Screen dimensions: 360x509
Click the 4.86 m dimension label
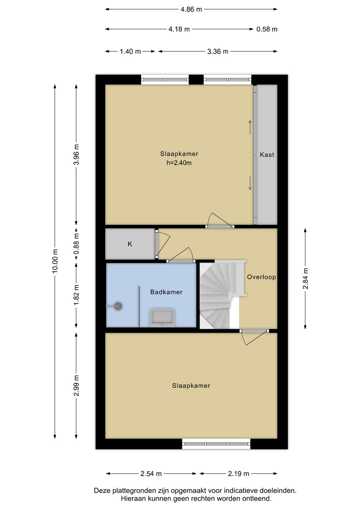point(191,9)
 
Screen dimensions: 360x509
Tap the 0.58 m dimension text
point(267,29)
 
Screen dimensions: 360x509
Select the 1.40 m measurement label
point(130,51)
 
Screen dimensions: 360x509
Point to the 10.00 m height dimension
point(55,261)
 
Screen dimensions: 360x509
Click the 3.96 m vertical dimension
point(76,154)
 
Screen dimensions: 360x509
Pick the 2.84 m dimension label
point(305,279)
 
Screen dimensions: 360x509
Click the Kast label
point(267,155)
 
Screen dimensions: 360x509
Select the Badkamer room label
point(166,292)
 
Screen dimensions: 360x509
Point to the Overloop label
point(261,277)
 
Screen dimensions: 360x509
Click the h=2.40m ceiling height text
point(179,163)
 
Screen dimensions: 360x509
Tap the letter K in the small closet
point(130,244)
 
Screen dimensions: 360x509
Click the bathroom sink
point(162,318)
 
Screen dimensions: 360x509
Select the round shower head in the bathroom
point(118,306)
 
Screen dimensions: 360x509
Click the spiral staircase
point(219,294)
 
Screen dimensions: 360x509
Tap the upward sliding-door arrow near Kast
point(250,127)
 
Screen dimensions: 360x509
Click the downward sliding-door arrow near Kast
point(250,183)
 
